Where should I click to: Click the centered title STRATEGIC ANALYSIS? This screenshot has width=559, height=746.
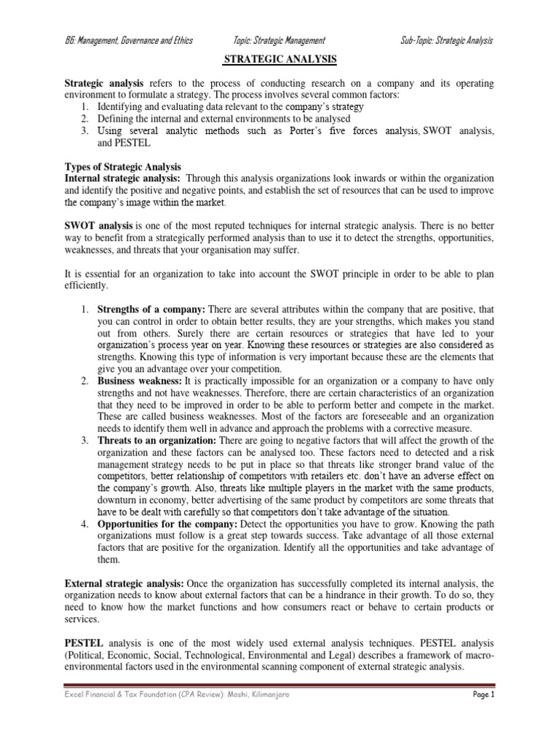pos(279,60)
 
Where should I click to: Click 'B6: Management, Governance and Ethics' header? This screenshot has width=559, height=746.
pos(129,41)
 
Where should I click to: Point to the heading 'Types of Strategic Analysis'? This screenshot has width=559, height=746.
pos(123,168)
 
